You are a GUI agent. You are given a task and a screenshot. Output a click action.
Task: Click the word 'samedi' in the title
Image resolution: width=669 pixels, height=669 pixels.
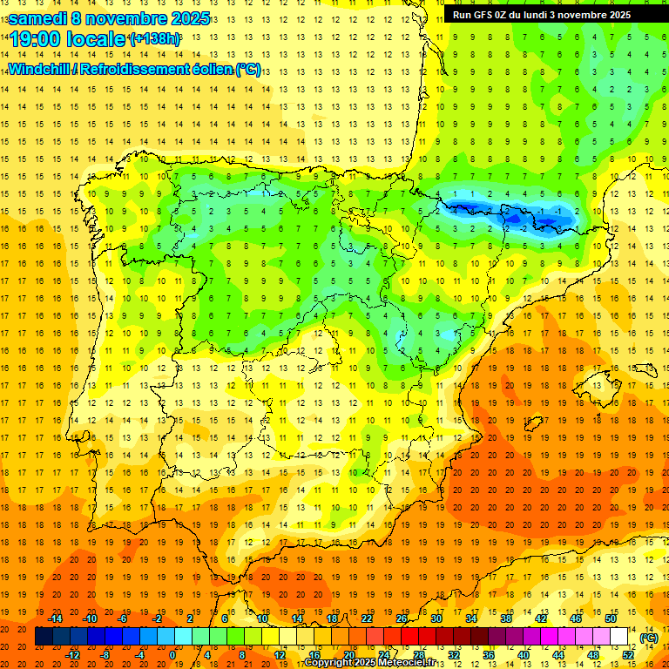tap(37, 18)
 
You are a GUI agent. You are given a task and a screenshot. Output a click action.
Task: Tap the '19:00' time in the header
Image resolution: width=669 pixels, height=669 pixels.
tap(36, 40)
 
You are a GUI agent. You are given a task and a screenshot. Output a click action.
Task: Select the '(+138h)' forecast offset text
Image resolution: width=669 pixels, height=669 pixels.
tap(154, 39)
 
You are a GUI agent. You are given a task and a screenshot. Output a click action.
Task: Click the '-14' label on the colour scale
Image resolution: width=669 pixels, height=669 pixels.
tap(56, 618)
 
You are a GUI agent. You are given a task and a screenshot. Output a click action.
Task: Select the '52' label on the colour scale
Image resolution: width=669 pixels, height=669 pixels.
tap(628, 655)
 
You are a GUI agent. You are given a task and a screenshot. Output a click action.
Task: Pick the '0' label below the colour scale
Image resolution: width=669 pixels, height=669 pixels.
tap(172, 655)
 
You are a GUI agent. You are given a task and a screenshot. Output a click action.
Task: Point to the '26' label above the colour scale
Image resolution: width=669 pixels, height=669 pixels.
tap(402, 618)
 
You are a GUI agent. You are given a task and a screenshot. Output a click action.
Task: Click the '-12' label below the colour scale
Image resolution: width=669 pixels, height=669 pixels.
tap(73, 655)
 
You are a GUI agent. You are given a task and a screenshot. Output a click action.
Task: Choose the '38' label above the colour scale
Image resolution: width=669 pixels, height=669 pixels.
tap(506, 618)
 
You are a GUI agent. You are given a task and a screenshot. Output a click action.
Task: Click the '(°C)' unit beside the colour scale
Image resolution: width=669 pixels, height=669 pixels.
tap(649, 638)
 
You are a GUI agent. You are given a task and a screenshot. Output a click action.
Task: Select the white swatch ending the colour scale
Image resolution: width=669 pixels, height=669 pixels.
tap(619, 637)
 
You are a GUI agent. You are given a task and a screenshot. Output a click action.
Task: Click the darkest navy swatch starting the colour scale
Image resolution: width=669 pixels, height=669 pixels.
tap(44, 637)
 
